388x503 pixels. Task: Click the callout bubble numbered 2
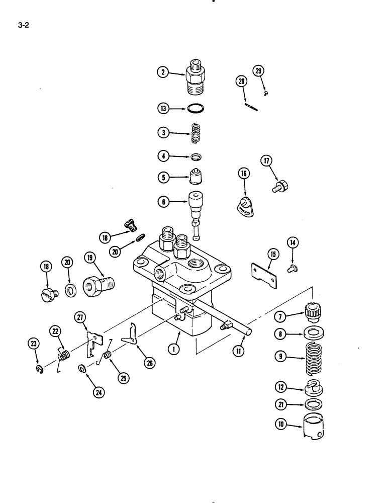coord(162,72)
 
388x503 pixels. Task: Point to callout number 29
coord(258,70)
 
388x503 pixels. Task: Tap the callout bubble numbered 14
coord(292,242)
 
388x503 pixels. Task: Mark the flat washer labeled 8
coord(314,332)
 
